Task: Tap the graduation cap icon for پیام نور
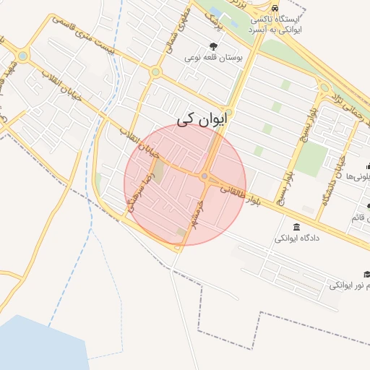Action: (366, 274)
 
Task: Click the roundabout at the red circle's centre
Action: (205, 176)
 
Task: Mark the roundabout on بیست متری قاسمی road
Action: (155, 72)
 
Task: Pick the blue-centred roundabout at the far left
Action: (23, 56)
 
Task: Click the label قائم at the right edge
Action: (360, 218)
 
